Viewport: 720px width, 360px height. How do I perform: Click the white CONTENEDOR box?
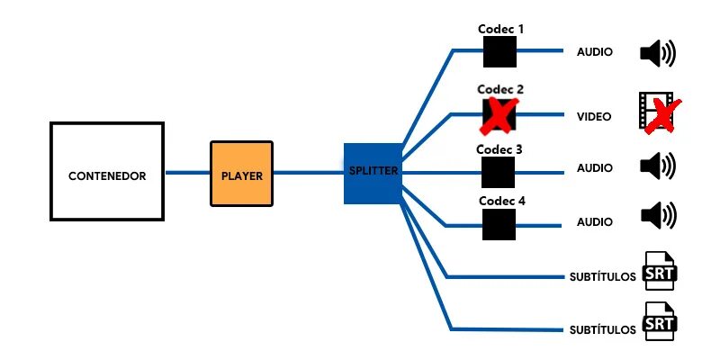point(107,171)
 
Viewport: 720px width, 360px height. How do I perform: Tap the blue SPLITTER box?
point(373,172)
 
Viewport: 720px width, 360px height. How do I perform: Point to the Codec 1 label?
point(500,29)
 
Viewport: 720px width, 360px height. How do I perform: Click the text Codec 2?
point(500,90)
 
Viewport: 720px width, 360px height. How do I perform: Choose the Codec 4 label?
point(501,202)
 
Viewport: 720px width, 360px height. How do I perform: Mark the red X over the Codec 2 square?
point(499,115)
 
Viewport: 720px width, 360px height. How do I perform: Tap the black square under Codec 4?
point(499,224)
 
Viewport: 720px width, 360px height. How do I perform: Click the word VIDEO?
point(594,117)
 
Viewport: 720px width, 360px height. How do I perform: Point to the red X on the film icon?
point(664,115)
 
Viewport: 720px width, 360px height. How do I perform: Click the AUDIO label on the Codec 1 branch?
point(595,52)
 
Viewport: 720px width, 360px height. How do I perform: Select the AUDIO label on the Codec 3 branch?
point(595,167)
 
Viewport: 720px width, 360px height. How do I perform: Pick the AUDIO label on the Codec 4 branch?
point(595,221)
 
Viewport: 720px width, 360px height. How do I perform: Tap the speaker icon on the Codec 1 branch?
point(657,53)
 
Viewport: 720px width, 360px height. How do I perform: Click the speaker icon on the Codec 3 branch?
point(657,166)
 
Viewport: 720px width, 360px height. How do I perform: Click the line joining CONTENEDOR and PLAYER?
point(188,172)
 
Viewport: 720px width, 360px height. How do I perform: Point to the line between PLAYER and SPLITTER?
point(308,172)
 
